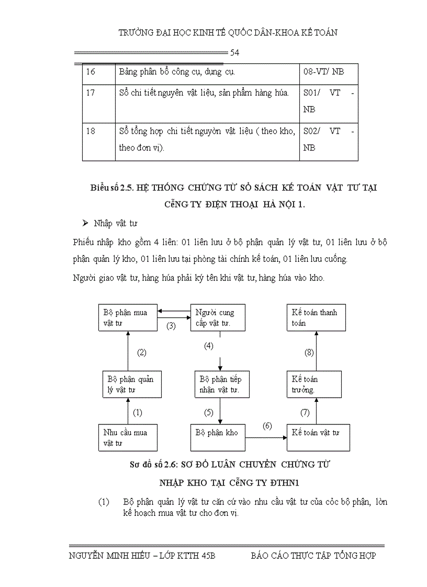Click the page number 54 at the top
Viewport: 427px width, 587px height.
[x=235, y=53]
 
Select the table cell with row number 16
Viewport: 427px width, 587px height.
[x=98, y=72]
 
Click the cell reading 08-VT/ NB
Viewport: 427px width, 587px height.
[x=323, y=72]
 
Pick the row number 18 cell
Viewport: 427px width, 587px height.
[x=98, y=140]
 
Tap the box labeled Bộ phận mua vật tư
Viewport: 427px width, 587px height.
[x=128, y=318]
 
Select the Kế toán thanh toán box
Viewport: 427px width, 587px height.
[x=316, y=318]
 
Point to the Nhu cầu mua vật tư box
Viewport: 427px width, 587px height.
[x=128, y=438]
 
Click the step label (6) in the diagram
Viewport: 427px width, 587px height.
[x=267, y=425]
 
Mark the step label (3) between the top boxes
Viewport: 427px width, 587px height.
[x=171, y=326]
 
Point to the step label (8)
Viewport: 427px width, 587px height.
[x=309, y=353]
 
